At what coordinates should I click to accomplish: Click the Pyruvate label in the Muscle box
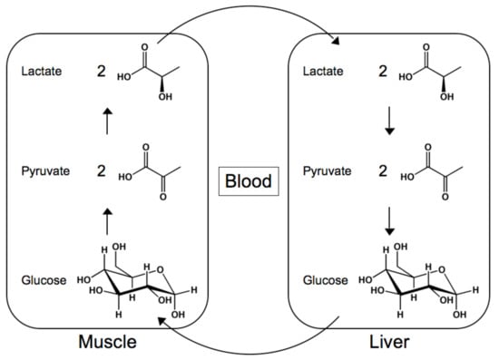[44, 170]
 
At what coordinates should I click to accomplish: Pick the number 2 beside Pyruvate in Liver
[382, 170]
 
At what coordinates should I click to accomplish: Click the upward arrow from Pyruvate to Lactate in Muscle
[108, 121]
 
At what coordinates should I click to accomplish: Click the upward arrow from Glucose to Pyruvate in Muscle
[108, 220]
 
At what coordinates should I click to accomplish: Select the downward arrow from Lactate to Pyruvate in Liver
[389, 121]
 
